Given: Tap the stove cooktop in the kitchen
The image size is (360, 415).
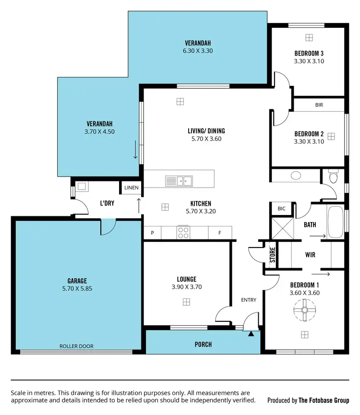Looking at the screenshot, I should coord(183,233).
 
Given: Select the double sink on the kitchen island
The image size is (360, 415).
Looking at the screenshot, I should coord(179,181).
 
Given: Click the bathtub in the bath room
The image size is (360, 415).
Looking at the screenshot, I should coord(335,222).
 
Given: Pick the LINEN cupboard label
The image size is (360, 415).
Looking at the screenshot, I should coord(131,188).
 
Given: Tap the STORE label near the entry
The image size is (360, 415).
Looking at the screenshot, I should coord(272,254).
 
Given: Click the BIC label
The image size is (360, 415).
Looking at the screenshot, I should coord(281,209).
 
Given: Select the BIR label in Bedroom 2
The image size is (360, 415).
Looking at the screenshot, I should coord(319,105).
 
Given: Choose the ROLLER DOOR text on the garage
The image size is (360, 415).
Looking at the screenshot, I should coord(76,346).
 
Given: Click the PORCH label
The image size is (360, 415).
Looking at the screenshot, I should coord(203,344).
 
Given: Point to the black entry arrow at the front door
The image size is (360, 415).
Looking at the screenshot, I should coord(251,333).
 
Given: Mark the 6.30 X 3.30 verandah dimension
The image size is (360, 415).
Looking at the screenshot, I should coord(197,50).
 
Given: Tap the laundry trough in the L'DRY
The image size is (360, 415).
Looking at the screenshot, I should coord(81,186).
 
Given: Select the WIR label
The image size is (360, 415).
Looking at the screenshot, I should coord(310,255).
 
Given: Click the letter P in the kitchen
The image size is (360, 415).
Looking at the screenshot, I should coord(152,233).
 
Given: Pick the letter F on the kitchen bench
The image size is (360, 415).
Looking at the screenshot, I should coord(219,233).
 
